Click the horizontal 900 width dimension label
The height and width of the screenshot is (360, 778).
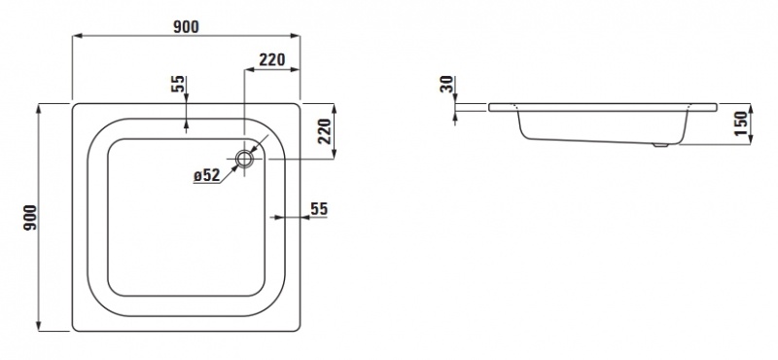pos(186,26)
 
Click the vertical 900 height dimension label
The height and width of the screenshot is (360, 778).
pos(30,218)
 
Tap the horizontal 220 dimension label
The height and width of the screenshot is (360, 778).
pos(272,59)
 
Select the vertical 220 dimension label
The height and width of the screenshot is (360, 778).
pos(325,131)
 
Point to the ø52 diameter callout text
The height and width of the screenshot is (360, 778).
pos(207,175)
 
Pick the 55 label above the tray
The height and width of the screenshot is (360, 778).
pos(178,84)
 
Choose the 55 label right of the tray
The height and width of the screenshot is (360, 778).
pos(319,208)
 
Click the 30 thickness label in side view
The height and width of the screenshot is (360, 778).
pos(447,84)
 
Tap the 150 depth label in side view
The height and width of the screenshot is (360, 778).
pos(740,124)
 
